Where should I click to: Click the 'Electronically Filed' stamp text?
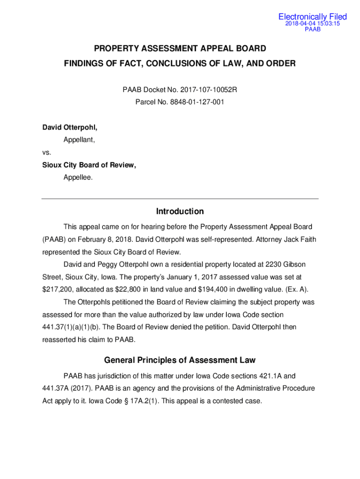click(312, 17)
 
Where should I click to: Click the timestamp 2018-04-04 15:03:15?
click(312, 23)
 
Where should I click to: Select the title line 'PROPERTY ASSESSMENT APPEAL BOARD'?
click(180, 49)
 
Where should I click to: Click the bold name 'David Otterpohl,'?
click(70, 127)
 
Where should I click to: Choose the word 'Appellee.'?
click(78, 177)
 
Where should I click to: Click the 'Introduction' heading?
click(180, 211)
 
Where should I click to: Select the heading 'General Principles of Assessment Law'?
click(180, 360)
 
